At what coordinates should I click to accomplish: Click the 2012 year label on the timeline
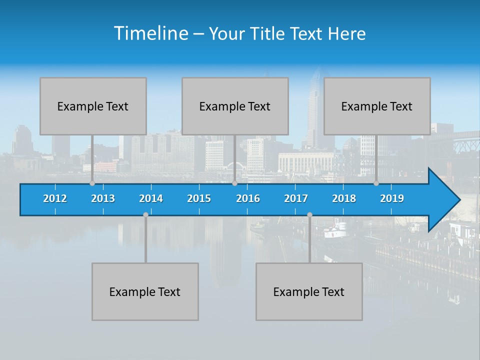[55, 198]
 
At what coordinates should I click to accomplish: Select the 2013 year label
[103, 198]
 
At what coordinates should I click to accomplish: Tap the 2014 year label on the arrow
[151, 198]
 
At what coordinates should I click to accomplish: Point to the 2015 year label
[199, 198]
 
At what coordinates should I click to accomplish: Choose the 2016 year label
[248, 198]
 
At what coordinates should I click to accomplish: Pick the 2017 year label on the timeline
[296, 198]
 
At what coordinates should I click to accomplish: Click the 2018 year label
[344, 198]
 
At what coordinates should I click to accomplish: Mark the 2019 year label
[392, 198]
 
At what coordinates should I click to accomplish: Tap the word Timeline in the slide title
[150, 33]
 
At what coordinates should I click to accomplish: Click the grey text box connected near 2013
[93, 106]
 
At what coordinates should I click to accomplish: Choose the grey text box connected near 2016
[235, 106]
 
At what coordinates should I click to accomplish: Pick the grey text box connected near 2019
[377, 106]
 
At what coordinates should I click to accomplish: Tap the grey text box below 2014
[145, 291]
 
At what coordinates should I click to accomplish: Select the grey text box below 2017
[309, 291]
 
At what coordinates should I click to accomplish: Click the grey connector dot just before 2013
[92, 183]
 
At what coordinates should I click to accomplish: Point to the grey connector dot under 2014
[145, 215]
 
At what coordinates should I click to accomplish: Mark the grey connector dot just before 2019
[376, 183]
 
